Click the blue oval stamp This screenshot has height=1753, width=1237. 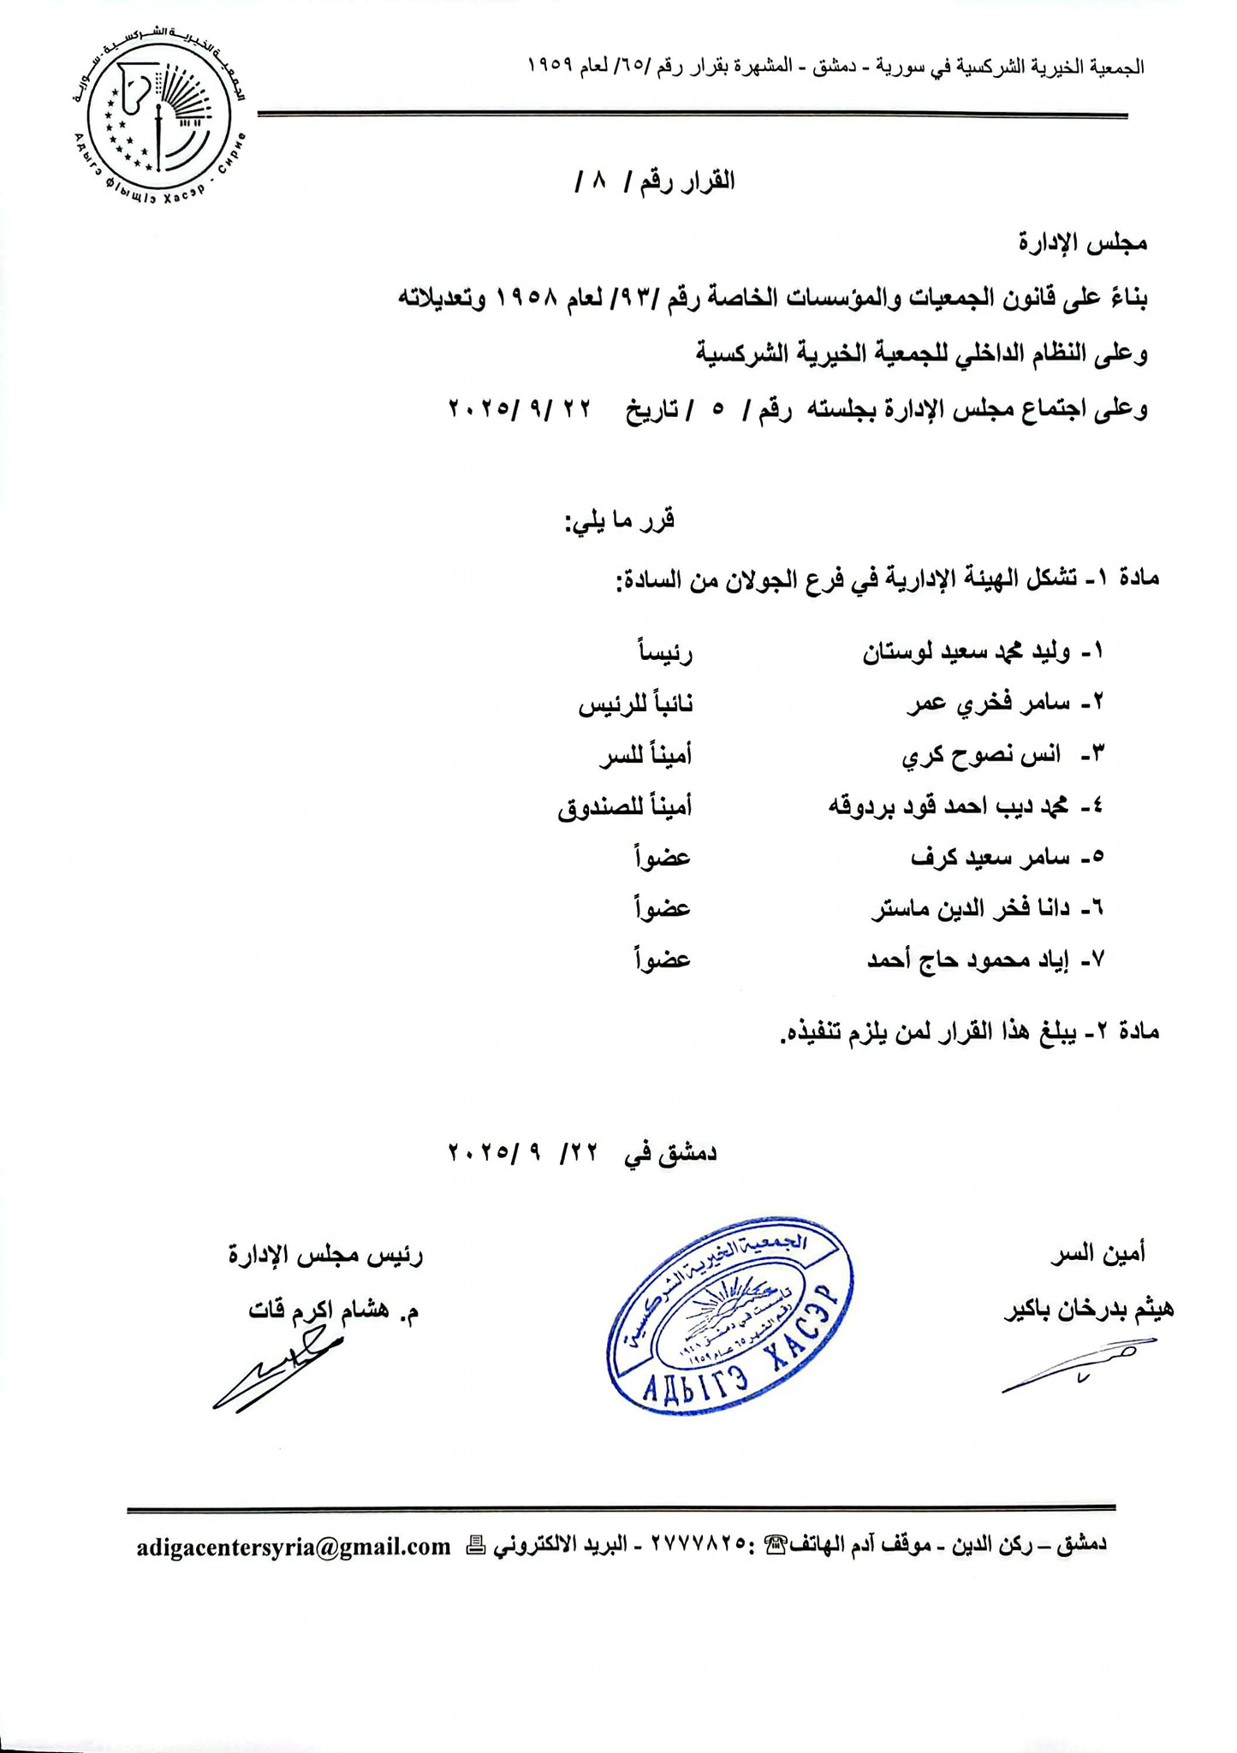pos(730,1314)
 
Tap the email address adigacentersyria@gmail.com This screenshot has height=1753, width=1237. pos(293,1546)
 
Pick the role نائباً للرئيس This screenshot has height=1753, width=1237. pos(635,704)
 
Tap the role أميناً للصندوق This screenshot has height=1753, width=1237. pos(625,807)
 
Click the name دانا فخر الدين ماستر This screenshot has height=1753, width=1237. pos(977,909)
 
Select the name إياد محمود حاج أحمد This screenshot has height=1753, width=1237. pos(975,960)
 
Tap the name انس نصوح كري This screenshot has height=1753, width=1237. pos(982,755)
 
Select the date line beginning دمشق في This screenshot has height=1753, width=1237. pos(582,1153)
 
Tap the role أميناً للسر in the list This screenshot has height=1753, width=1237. pos(644,756)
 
